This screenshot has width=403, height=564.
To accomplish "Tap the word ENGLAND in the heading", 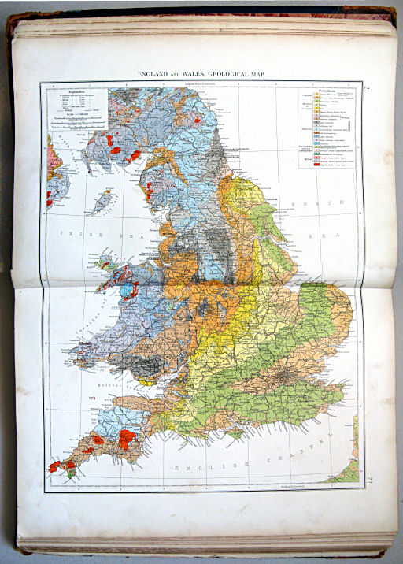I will coord(153,73).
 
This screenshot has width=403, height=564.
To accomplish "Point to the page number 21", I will coord(368,92).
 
